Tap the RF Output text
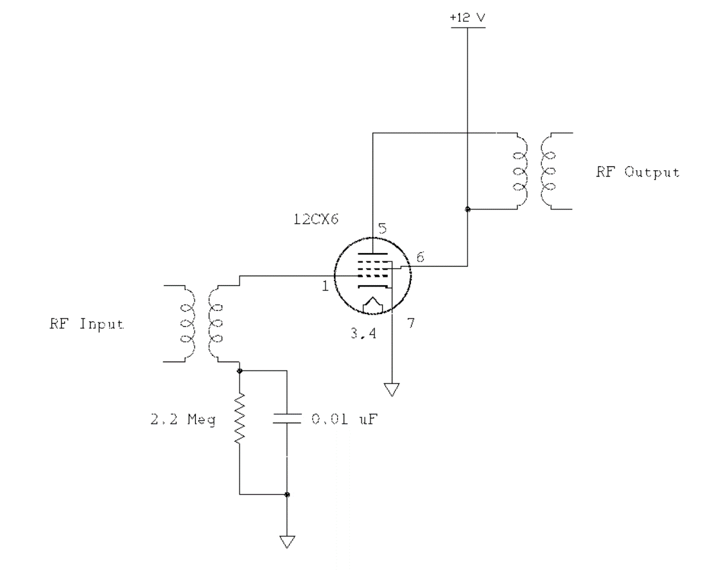[637, 173]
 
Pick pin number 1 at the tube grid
[326, 287]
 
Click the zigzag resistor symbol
[240, 421]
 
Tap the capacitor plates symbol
[286, 420]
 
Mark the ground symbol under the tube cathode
[391, 389]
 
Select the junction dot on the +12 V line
[467, 209]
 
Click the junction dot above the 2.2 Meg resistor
[240, 371]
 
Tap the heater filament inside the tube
[372, 304]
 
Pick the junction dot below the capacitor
[286, 494]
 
